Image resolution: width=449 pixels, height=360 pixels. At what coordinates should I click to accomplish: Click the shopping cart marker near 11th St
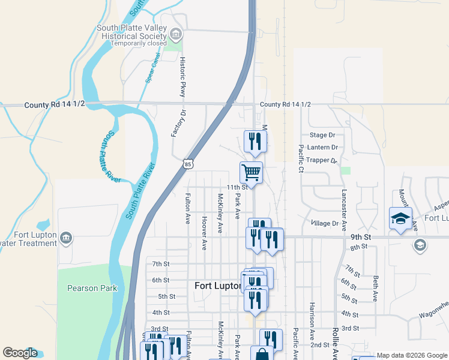click(251, 172)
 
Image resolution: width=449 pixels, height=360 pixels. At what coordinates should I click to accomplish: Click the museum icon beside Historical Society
click(176, 33)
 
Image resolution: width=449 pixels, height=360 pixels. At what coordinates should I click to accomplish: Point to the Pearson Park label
click(92, 288)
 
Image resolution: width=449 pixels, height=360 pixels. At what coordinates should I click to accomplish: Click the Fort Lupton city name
click(217, 286)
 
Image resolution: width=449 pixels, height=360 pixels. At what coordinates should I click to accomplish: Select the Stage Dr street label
click(322, 136)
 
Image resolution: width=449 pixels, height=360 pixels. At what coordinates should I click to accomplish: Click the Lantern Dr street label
click(322, 148)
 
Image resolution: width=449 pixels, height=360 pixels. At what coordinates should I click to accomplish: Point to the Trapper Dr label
click(319, 160)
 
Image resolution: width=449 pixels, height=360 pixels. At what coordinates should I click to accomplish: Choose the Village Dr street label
click(325, 223)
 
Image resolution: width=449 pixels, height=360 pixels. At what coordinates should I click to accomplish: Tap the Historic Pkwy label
click(183, 77)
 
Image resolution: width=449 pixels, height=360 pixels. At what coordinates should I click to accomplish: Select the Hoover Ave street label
click(204, 233)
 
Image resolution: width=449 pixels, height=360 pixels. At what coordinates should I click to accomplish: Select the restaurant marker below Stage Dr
click(255, 141)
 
